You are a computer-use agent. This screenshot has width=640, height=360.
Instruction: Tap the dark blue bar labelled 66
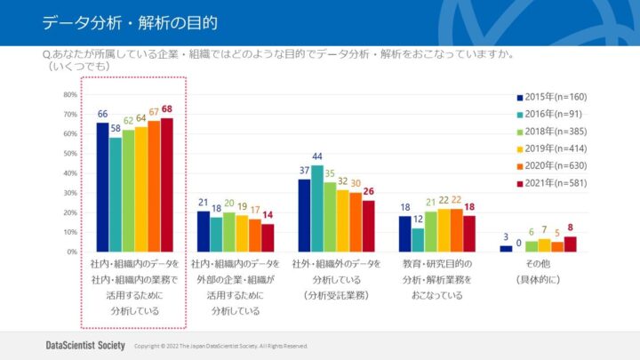click(x=102, y=187)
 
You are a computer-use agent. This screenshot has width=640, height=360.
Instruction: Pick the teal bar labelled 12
click(x=418, y=240)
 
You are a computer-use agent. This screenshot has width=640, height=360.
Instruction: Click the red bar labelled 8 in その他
click(x=570, y=244)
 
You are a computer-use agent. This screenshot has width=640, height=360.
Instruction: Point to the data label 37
click(x=304, y=170)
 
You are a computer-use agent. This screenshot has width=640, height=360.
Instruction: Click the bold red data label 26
click(x=368, y=191)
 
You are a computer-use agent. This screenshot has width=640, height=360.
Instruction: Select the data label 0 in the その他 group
click(x=519, y=242)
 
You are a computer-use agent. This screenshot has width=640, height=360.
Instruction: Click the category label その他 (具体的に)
click(x=538, y=272)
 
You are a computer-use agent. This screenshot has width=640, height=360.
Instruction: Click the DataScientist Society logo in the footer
click(x=84, y=345)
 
